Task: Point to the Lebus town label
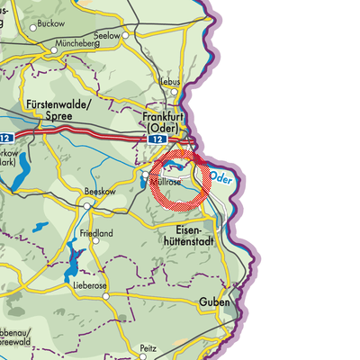click(170, 80)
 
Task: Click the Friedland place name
click(97, 233)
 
